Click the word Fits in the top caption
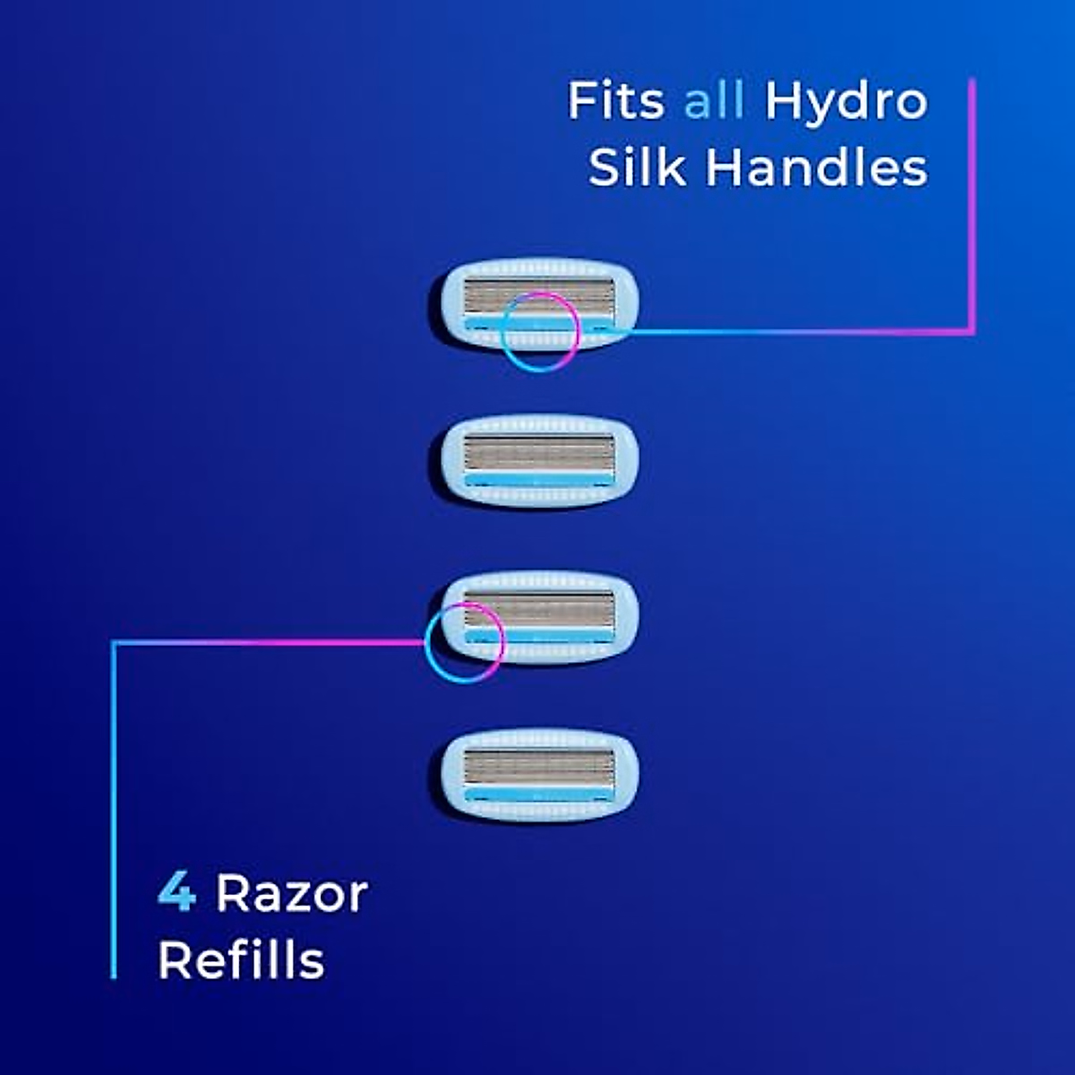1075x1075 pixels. coord(615,100)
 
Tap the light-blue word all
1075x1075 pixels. coord(714,100)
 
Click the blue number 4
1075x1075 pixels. coord(176,893)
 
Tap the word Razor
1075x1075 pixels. coord(292,893)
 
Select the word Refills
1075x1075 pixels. coord(241,960)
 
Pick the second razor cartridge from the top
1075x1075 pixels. coord(538,461)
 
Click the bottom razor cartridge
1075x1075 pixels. coord(538,776)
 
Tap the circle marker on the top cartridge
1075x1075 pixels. coord(539,331)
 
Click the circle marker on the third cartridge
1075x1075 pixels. coord(463,641)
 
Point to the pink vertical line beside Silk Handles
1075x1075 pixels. coord(972,206)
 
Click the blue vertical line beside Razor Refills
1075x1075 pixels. coord(114,806)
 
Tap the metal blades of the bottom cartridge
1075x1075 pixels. coord(538,767)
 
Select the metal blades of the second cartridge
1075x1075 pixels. coord(538,452)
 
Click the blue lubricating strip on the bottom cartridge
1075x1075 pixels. coord(538,795)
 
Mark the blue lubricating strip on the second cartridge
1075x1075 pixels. coord(538,481)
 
